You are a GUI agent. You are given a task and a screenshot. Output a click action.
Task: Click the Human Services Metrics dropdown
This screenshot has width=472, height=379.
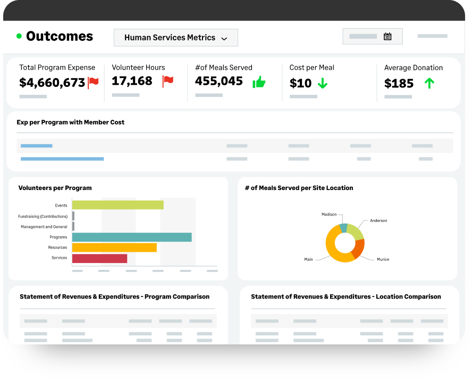175,38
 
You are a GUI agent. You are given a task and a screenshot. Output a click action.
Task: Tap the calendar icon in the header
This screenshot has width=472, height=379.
387,37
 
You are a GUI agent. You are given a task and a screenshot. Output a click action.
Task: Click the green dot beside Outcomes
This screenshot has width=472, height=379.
19,36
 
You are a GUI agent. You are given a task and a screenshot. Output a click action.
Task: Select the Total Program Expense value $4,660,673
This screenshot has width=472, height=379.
52,83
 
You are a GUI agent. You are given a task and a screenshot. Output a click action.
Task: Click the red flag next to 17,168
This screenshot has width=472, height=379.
168,81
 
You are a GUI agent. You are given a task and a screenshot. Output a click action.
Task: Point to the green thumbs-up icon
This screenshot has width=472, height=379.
259,82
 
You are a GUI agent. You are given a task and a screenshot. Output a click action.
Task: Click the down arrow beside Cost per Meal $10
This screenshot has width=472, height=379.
322,83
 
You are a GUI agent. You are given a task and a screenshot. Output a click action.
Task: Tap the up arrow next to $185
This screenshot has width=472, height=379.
429,83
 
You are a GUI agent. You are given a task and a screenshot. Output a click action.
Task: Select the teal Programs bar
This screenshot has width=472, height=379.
131,237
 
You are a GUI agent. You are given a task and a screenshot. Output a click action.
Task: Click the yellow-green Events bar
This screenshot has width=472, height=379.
117,205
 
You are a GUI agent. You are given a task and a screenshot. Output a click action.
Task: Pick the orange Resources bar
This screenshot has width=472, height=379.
114,248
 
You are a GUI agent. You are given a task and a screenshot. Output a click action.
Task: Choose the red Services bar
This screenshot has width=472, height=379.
99,258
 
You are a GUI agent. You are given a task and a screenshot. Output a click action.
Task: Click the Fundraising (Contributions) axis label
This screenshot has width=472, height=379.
43,216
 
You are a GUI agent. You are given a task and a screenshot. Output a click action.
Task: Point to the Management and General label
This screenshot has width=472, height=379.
44,227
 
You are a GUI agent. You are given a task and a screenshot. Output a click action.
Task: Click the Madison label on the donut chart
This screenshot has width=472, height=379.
329,214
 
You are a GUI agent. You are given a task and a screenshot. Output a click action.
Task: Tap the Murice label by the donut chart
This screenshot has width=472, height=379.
383,259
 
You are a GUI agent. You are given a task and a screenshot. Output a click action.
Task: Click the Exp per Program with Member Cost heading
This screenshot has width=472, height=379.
70,122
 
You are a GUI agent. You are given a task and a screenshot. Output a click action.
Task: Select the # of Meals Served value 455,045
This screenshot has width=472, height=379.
218,81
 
